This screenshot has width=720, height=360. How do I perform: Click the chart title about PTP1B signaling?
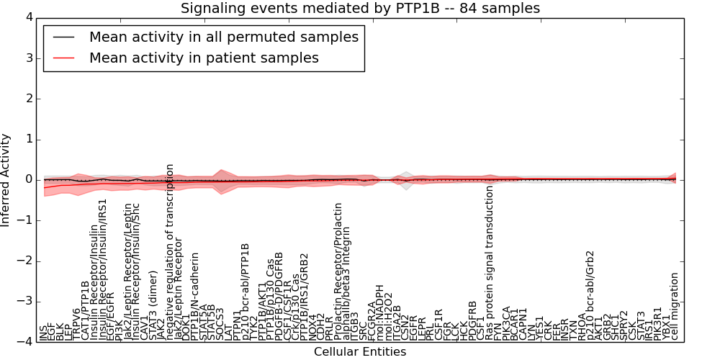(360, 9)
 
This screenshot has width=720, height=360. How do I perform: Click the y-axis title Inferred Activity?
(6, 180)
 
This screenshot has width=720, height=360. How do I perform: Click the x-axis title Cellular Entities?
(360, 352)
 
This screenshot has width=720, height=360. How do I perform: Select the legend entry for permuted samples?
(223, 37)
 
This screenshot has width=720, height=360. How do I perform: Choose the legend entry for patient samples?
(204, 58)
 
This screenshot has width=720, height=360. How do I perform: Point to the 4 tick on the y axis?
(28, 17)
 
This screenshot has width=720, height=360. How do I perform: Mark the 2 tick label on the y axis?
(28, 99)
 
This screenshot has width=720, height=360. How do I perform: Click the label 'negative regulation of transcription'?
(170, 252)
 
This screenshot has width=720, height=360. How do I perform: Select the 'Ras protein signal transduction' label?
(490, 263)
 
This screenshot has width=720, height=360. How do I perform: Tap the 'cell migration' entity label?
(675, 306)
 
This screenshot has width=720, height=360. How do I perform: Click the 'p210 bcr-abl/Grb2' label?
(590, 295)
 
